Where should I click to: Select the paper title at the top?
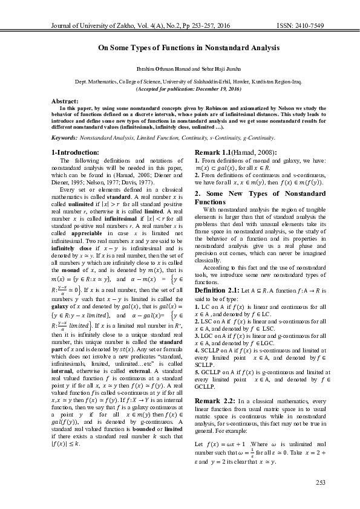(180, 47)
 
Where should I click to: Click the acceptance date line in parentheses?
(180, 88)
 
